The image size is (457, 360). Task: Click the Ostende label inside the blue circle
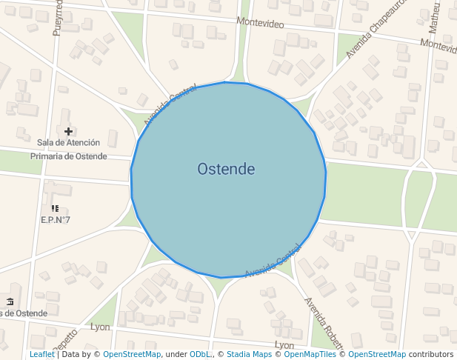pos(226,170)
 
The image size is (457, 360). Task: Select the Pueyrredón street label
pos(58,18)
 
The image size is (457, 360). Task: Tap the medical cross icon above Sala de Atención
pos(68,131)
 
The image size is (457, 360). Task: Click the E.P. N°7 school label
pos(56,220)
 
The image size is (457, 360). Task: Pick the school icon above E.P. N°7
pos(56,209)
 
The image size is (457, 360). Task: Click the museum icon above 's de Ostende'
pos(10,301)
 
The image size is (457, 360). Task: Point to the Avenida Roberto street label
pos(324,323)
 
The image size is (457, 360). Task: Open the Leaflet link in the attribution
pos(41,354)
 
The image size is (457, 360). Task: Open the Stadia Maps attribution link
pos(249,354)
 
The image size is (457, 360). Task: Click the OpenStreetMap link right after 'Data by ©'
pos(132,354)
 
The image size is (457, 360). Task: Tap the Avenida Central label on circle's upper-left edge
pos(170,106)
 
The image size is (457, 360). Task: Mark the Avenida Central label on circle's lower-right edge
pos(273,261)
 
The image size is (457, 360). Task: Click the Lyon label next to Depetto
pos(99,327)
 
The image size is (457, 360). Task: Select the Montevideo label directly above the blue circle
pos(260,23)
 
